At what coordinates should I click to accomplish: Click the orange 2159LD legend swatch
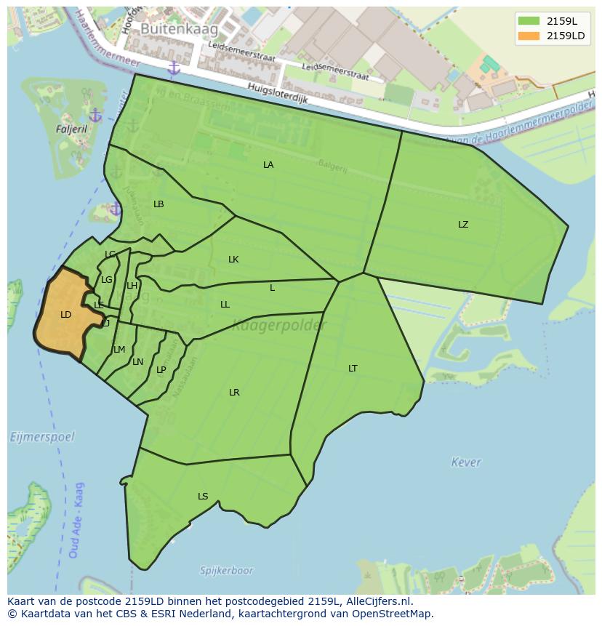pyautogui.click(x=529, y=36)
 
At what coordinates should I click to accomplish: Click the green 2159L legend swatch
pyautogui.click(x=529, y=21)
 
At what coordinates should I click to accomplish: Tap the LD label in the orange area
pyautogui.click(x=65, y=315)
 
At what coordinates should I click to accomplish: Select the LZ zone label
pyautogui.click(x=463, y=225)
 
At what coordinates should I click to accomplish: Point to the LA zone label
pyautogui.click(x=268, y=165)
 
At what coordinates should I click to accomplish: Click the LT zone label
pyautogui.click(x=353, y=369)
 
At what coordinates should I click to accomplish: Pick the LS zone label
pyautogui.click(x=203, y=497)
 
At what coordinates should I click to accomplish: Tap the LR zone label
pyautogui.click(x=234, y=393)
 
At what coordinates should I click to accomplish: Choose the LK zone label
pyautogui.click(x=233, y=260)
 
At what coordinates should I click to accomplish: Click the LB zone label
pyautogui.click(x=158, y=204)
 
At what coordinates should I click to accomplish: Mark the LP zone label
pyautogui.click(x=161, y=370)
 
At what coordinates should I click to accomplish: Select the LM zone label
pyautogui.click(x=119, y=350)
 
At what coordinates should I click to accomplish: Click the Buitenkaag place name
pyautogui.click(x=169, y=28)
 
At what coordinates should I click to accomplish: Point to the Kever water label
pyautogui.click(x=465, y=462)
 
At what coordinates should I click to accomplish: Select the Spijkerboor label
pyautogui.click(x=228, y=571)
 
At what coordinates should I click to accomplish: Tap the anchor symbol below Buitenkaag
pyautogui.click(x=173, y=68)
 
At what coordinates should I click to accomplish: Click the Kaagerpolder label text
pyautogui.click(x=279, y=326)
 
